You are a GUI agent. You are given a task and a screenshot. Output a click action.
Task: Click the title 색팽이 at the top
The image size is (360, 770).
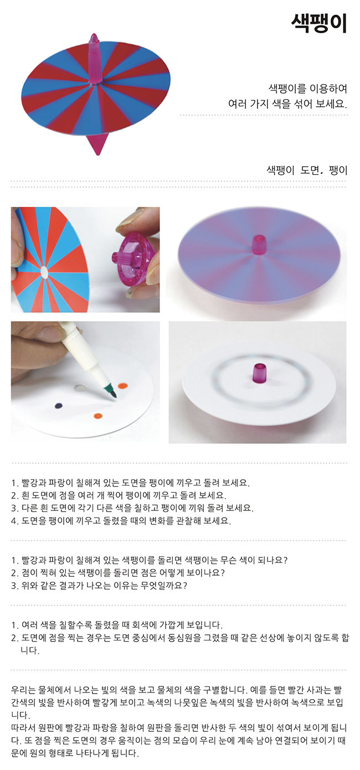[x=319, y=24]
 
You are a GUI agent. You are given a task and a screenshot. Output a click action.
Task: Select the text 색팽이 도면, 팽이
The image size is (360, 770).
[x=307, y=170]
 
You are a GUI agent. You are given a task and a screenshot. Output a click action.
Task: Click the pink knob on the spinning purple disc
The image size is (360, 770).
[x=258, y=245]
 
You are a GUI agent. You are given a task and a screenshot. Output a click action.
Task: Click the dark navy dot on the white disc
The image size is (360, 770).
[x=59, y=406]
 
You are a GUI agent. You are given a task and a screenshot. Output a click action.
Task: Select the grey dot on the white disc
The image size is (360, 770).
[x=80, y=388]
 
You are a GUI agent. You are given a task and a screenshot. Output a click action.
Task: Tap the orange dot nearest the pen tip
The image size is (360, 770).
[x=123, y=386]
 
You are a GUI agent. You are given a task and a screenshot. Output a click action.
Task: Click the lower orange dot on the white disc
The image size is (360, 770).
[x=99, y=416]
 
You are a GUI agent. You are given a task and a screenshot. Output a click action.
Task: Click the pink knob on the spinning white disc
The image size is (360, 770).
[x=259, y=372]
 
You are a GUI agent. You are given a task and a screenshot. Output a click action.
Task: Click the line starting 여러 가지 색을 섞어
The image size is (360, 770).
[x=287, y=103]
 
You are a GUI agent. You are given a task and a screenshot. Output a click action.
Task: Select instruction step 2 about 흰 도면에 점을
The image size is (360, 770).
[x=119, y=495]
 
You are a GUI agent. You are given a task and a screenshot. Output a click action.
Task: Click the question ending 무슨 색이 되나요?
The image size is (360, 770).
[x=149, y=560]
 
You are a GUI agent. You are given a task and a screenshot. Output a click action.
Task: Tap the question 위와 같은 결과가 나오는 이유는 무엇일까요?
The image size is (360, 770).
[x=99, y=585]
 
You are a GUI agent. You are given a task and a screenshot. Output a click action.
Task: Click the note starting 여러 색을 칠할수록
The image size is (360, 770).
[x=117, y=624]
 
